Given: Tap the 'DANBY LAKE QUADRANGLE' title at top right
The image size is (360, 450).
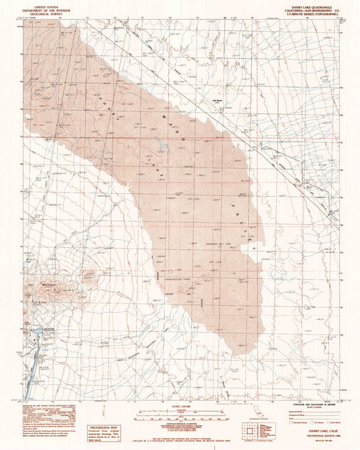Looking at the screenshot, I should [x=313, y=5].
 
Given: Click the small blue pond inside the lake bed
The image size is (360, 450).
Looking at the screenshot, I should [x=163, y=145].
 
